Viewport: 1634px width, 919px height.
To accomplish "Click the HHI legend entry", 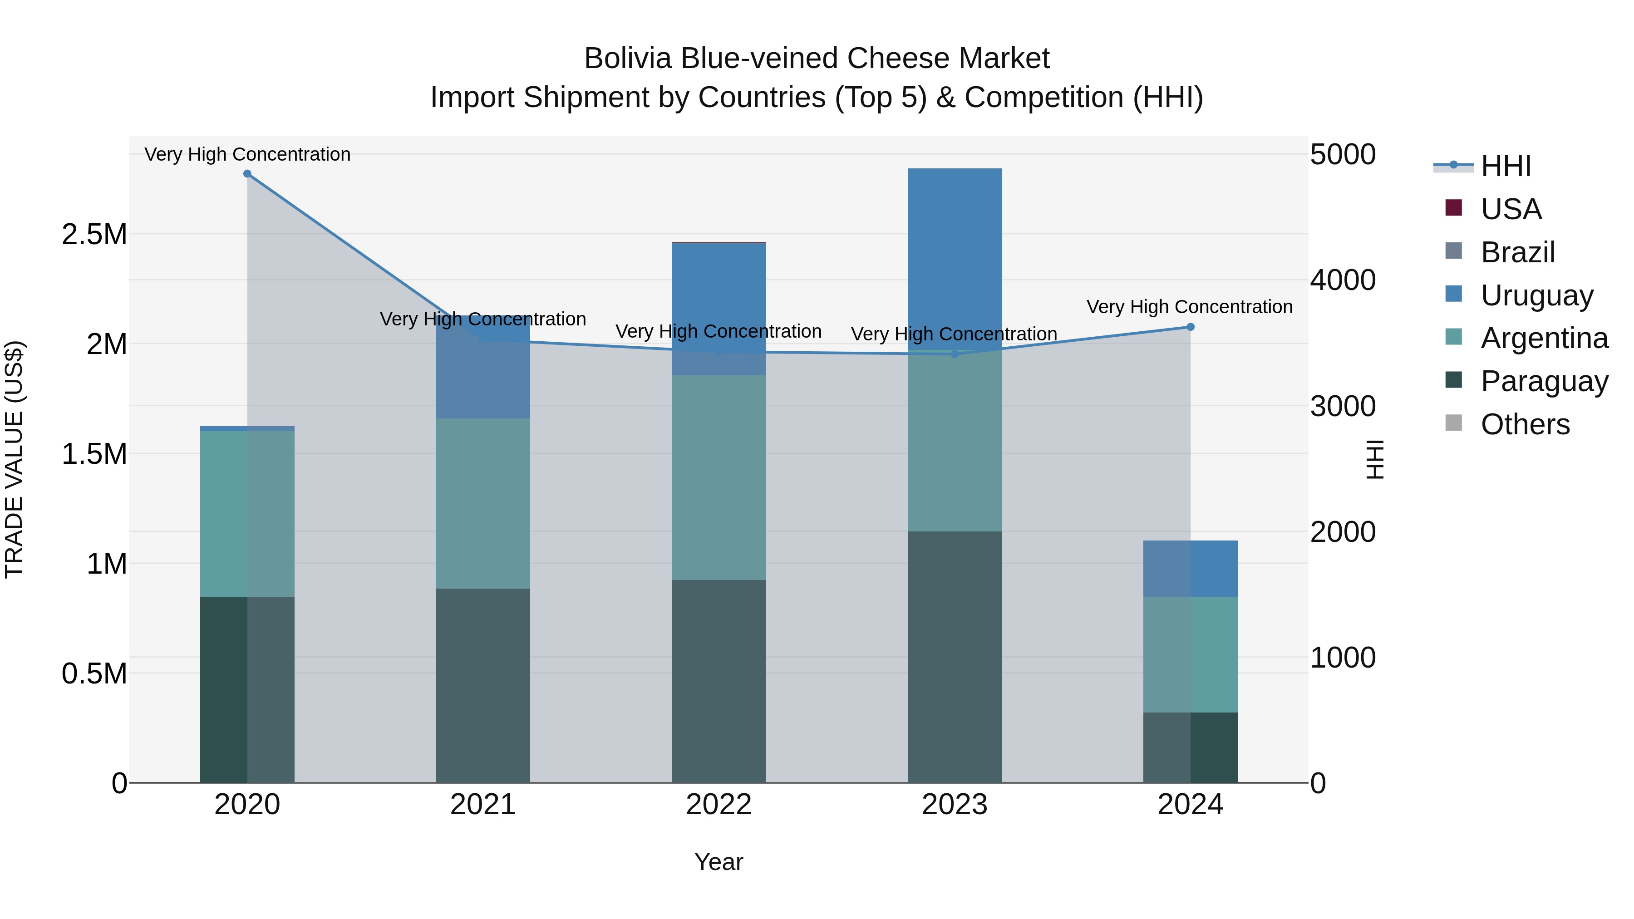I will (1505, 166).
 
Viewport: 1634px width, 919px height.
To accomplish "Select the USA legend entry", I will (1510, 209).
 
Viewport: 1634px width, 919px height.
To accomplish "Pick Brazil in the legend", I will (1517, 252).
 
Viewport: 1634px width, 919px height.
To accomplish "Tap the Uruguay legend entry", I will (1536, 295).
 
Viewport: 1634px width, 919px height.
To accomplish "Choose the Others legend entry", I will (1525, 424).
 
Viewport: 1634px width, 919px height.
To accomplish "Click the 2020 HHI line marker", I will (247, 174).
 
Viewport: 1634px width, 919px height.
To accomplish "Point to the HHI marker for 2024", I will (1190, 327).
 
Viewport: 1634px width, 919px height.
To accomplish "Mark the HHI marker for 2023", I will (955, 354).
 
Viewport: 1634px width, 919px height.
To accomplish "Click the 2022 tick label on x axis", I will (719, 805).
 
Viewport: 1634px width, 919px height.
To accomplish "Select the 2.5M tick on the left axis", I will (94, 235).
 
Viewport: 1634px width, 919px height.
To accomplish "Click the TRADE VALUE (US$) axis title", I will (14, 459).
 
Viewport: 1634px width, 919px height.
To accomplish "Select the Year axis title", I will (719, 862).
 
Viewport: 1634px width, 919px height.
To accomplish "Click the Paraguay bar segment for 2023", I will (955, 656).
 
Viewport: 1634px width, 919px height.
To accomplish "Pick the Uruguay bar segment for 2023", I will (955, 254).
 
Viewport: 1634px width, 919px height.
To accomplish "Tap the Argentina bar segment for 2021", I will (483, 503).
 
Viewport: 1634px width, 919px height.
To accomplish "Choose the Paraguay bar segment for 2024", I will (1190, 747).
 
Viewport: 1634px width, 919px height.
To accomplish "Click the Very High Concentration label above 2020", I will (247, 154).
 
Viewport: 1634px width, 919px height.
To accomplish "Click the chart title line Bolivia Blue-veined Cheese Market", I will (817, 59).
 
